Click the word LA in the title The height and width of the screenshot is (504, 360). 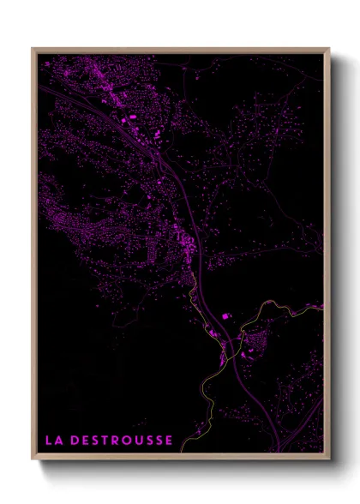pos(53,441)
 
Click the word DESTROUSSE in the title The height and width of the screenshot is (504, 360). pos(121,441)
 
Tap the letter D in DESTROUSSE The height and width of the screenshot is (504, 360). pos(75,441)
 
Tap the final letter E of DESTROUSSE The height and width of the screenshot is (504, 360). pos(169,441)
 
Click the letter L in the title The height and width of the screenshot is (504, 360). pos(48,441)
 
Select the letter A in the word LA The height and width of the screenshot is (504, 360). pos(58,441)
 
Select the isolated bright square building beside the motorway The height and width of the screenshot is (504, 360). pos(225,316)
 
